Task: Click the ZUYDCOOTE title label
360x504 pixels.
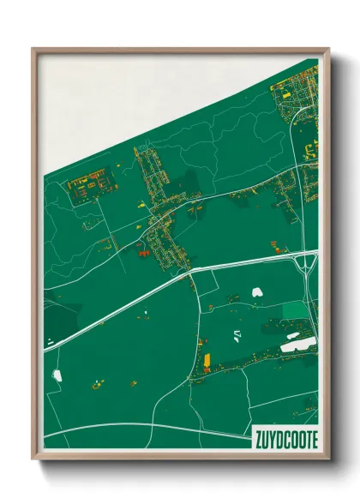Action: (285, 440)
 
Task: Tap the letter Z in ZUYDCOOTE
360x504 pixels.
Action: (258, 440)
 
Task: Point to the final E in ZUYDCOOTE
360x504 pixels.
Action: (313, 440)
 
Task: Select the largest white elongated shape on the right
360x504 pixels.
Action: (298, 345)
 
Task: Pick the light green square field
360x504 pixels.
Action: (294, 310)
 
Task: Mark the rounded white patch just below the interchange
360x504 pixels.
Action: (256, 292)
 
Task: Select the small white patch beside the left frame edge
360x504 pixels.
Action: (57, 375)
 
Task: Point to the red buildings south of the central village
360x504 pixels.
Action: (141, 253)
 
